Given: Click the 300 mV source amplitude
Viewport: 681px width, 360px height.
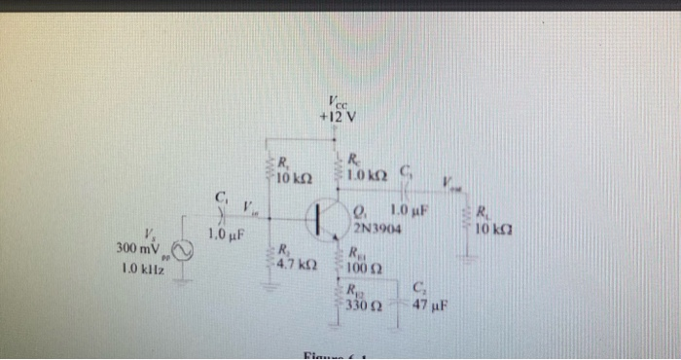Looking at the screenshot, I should click(136, 249).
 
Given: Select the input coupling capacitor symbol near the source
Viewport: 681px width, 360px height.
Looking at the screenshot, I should click(223, 211).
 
